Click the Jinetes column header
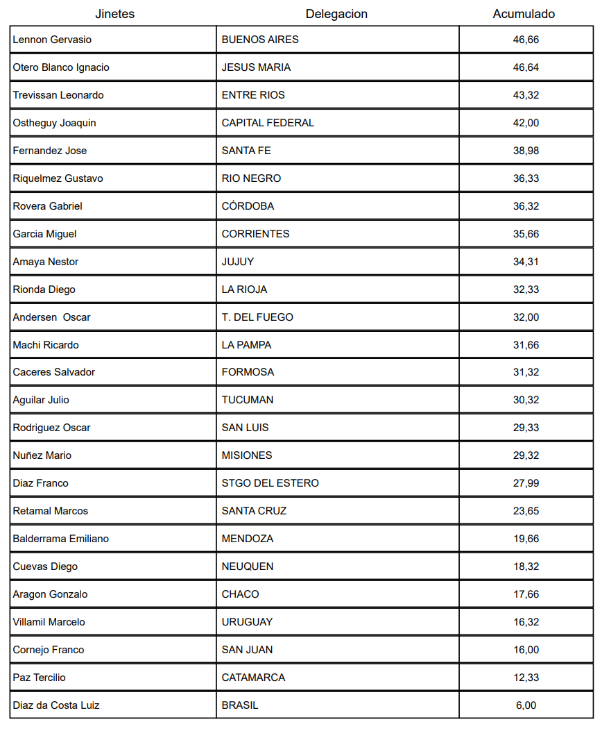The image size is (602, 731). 115,14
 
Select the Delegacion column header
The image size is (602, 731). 336,14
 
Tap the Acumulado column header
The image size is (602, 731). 524,14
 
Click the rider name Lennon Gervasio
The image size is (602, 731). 52,40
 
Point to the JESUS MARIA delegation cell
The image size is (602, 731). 256,67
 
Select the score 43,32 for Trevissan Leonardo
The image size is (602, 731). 526,95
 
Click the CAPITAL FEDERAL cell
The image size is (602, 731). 268,123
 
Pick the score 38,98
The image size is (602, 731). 526,151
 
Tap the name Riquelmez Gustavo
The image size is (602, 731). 58,178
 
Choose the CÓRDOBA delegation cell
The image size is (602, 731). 248,206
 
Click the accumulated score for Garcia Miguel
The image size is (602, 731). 526,234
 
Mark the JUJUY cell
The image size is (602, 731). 238,262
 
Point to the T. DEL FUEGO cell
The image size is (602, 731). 257,317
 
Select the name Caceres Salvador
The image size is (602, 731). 54,372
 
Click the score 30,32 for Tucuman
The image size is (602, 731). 526,400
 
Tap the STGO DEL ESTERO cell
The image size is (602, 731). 270,483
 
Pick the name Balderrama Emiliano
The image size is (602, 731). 60,539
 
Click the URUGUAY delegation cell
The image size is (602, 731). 247,622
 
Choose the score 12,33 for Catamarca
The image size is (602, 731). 526,678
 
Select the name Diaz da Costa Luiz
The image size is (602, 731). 56,705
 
